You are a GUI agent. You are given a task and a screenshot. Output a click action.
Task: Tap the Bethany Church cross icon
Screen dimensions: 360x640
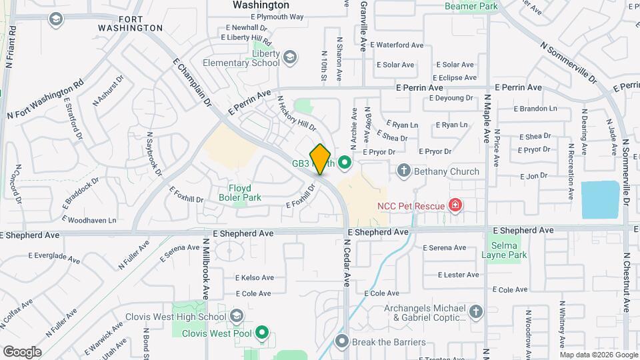[403, 171]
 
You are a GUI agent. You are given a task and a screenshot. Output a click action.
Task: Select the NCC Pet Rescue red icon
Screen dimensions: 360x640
[455, 205]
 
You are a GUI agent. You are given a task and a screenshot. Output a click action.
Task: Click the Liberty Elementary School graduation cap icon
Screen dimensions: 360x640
[290, 58]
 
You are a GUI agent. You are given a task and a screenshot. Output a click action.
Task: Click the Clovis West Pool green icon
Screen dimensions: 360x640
[262, 332]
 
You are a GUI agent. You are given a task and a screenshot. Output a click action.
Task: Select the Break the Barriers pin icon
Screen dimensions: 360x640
[342, 342]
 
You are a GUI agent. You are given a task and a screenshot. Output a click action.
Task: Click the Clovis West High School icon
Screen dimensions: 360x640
[236, 316]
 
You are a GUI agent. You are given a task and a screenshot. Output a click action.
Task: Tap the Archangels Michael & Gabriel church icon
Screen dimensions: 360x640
[475, 312]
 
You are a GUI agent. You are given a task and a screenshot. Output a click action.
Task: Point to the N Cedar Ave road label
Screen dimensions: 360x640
[347, 263]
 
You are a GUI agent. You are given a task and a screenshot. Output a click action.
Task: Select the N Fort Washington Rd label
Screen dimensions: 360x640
[45, 100]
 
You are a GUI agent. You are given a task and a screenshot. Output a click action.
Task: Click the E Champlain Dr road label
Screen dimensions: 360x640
[192, 83]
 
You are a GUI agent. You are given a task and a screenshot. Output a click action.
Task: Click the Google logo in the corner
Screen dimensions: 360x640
[21, 351]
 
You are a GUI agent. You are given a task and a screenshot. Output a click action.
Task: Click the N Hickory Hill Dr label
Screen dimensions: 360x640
[296, 113]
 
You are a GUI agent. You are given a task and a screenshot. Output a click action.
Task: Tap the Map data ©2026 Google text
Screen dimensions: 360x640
[599, 355]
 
